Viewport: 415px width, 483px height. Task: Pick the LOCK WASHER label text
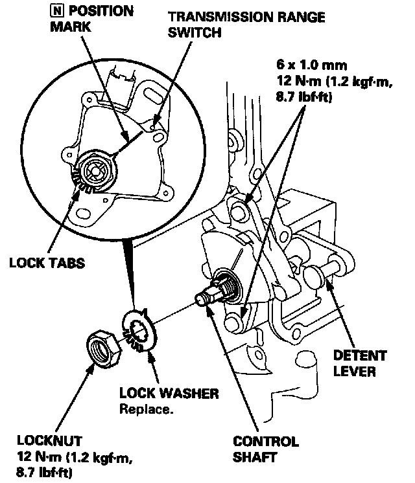coord(169,394)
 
